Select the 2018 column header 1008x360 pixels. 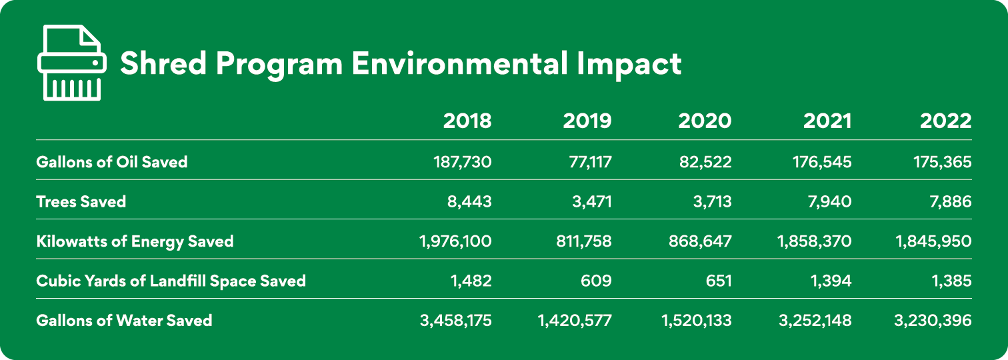(467, 121)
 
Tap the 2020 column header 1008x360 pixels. (705, 121)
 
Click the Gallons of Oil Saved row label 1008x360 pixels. (112, 161)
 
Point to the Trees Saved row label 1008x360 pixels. (81, 201)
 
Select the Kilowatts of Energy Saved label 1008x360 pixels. (135, 241)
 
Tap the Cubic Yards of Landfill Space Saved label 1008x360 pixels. (171, 281)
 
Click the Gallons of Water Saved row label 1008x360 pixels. (124, 320)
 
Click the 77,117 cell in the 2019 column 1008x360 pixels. (585, 161)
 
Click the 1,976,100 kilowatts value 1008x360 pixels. (455, 241)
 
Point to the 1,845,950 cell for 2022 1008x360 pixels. (933, 241)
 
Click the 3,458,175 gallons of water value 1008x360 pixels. (455, 320)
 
